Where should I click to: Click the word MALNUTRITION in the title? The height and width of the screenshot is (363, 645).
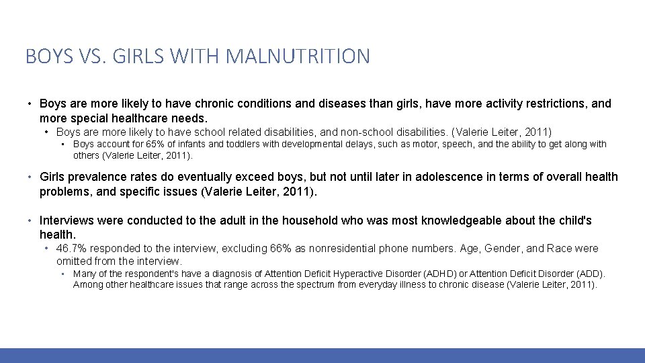(x=298, y=56)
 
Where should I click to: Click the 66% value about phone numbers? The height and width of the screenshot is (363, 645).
(x=279, y=249)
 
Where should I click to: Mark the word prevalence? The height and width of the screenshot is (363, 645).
(x=97, y=177)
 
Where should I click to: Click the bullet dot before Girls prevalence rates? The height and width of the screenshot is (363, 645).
(x=30, y=177)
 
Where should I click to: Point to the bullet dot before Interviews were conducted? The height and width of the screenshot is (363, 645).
(x=30, y=221)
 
